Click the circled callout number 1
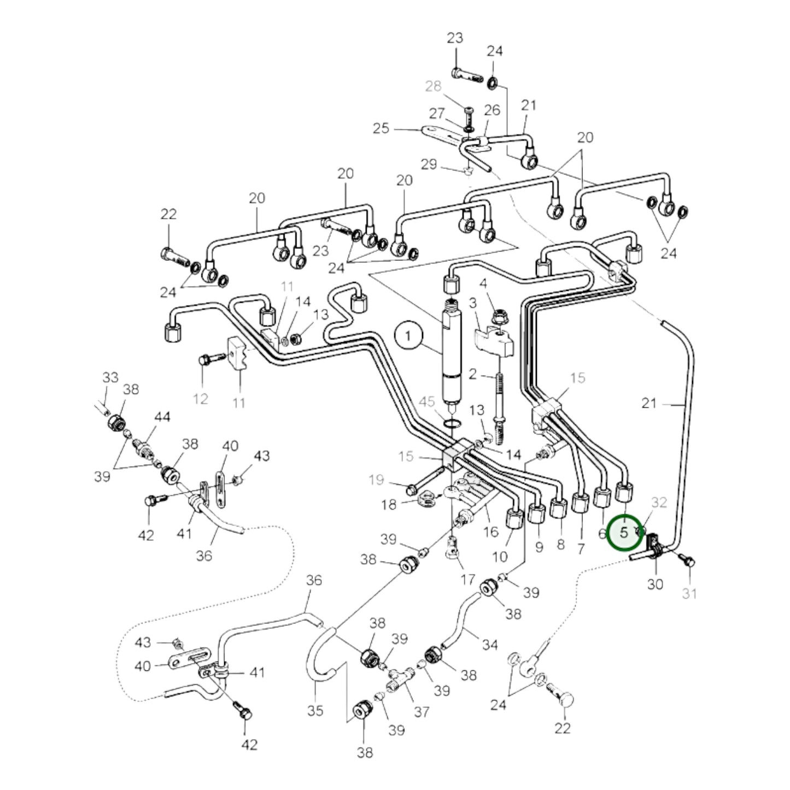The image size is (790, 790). coord(407,336)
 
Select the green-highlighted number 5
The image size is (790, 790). coord(624,532)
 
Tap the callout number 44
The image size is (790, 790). coord(162,417)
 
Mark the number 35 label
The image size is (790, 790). coord(315,711)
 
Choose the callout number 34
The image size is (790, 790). coord(490,645)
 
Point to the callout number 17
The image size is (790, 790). coord(467,579)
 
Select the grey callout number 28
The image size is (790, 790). coord(433,86)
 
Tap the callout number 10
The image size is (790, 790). coord(500,557)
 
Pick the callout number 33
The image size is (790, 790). coord(110,377)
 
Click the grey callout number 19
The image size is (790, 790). coord(376,480)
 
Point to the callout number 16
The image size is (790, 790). coord(491,531)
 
